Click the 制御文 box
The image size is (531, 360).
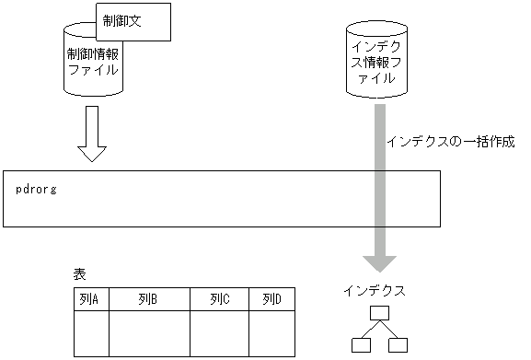[133, 21]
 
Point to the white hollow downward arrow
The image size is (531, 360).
[92, 134]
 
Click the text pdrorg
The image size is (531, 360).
[37, 189]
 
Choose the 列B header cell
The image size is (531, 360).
[149, 299]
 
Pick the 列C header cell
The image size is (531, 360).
[219, 299]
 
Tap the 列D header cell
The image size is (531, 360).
[271, 299]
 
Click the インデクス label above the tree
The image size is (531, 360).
[375, 290]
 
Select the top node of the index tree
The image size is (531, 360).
[378, 313]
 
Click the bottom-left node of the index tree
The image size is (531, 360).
[360, 346]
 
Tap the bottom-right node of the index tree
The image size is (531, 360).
[398, 346]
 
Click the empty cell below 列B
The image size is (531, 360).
[149, 333]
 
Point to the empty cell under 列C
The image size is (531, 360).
[219, 333]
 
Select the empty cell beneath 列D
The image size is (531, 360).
[271, 333]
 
